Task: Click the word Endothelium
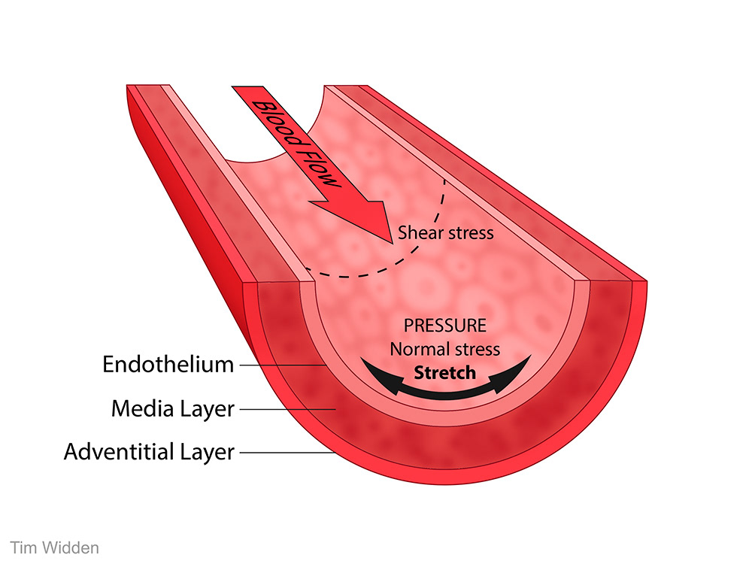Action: [x=168, y=365]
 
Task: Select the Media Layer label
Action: [x=173, y=409]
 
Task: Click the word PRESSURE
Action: [x=445, y=326]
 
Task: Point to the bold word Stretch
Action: [x=445, y=372]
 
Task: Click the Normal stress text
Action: [x=445, y=350]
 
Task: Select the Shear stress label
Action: [x=446, y=232]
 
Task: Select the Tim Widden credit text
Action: [x=54, y=547]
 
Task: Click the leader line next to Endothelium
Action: [x=278, y=365]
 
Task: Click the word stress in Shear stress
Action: [x=471, y=232]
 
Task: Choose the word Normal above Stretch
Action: [x=420, y=350]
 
